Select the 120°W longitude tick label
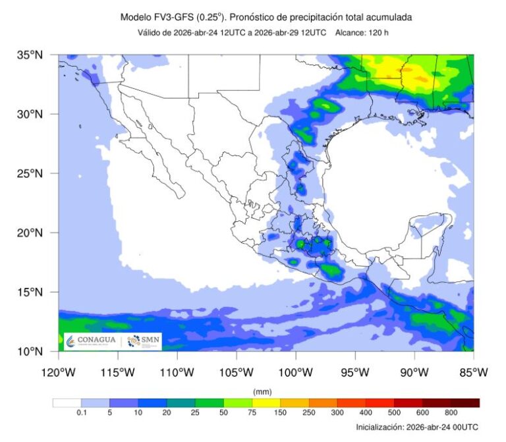pos(59,372)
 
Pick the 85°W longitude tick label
pos(473,372)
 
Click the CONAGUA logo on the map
pos(92,341)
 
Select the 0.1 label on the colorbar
pos(81,412)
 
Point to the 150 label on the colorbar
pos(280,412)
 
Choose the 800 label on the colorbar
pos(451,412)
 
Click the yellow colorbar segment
pos(266,402)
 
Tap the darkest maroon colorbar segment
pos(464,402)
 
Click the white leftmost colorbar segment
pos(67,402)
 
